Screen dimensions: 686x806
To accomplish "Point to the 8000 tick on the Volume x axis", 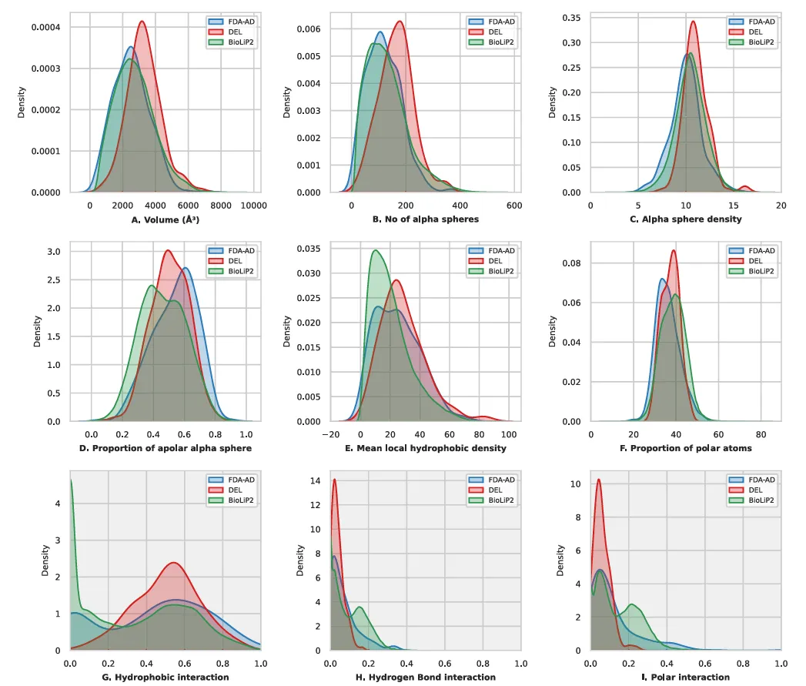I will (221, 205).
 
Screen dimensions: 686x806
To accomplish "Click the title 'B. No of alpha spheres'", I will (426, 219).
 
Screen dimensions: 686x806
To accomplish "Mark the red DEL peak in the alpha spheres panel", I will (399, 22).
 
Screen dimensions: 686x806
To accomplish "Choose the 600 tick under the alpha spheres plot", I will (514, 205).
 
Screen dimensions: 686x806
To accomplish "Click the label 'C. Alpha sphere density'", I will (686, 219).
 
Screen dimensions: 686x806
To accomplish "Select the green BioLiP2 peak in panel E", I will (375, 250).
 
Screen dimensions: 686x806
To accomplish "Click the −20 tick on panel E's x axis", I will (331, 434).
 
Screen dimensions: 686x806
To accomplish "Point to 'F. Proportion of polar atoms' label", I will (686, 448).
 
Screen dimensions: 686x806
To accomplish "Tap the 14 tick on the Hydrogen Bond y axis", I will (316, 480).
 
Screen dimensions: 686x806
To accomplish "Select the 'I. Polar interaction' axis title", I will (686, 677).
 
